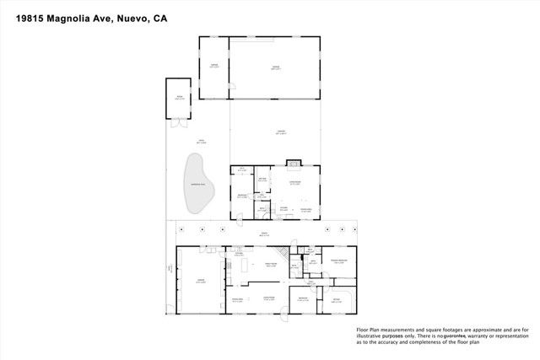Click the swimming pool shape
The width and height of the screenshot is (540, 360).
click(197, 185)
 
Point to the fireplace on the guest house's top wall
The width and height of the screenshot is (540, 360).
click(294, 164)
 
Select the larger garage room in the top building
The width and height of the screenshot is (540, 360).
click(275, 67)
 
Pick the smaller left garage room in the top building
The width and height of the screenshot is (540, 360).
click(214, 67)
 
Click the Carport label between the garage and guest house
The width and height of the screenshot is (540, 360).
click(278, 132)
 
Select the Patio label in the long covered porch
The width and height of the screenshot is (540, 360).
click(263, 234)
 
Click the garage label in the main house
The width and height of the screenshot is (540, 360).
click(200, 282)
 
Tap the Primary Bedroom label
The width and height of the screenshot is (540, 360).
click(339, 261)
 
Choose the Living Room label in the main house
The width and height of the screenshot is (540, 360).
click(269, 298)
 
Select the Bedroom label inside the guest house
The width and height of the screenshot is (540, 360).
click(242, 196)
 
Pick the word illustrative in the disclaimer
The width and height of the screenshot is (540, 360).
click(375, 336)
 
